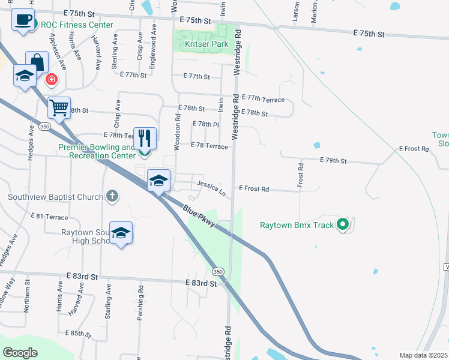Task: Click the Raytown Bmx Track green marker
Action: coord(343,225)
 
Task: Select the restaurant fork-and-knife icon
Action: coord(145,138)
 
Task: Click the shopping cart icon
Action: coord(59,108)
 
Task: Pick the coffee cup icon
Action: coord(23,19)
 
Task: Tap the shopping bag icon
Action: coord(37,62)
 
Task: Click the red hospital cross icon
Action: coord(52,79)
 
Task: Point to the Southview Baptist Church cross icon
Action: coord(112,196)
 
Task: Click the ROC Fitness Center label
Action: coord(77,25)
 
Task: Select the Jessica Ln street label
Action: coord(210,188)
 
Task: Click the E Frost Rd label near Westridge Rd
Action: coord(253,189)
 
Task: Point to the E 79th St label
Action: coord(334,161)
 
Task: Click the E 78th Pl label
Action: coord(205,124)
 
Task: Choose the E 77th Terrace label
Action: coord(265,99)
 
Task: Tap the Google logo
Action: coord(20,352)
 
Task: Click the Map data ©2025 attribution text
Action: coord(423,355)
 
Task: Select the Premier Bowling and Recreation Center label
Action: coord(97,151)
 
